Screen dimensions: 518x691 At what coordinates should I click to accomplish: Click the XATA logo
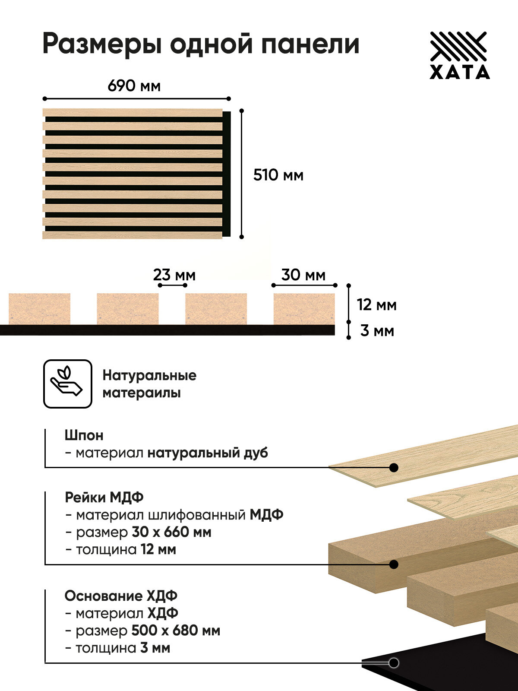pyautogui.click(x=460, y=55)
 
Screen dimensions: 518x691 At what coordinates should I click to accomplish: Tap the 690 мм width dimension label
pyautogui.click(x=134, y=86)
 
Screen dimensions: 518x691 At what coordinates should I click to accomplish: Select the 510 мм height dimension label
pyautogui.click(x=278, y=175)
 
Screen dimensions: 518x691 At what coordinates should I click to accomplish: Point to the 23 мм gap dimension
pyautogui.click(x=174, y=275)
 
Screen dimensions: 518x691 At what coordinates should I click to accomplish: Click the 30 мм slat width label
pyautogui.click(x=303, y=275)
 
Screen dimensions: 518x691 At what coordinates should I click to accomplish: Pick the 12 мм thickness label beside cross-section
pyautogui.click(x=376, y=305)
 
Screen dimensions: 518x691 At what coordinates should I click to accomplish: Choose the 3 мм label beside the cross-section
pyautogui.click(x=377, y=331)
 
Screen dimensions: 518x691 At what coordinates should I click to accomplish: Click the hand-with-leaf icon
pyautogui.click(x=68, y=384)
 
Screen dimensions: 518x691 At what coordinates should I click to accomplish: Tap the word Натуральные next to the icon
pyautogui.click(x=149, y=375)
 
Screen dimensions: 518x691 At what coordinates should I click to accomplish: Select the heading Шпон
pyautogui.click(x=84, y=435)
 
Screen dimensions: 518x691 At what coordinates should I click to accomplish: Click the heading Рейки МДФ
pyautogui.click(x=104, y=497)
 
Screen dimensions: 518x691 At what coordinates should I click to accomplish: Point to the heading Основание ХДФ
pyautogui.click(x=121, y=596)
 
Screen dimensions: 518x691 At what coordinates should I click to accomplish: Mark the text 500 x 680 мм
pyautogui.click(x=176, y=631)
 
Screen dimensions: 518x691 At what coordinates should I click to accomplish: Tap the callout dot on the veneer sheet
pyautogui.click(x=394, y=467)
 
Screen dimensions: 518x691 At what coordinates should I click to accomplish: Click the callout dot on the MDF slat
pyautogui.click(x=394, y=564)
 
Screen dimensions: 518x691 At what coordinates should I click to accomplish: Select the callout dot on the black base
pyautogui.click(x=393, y=662)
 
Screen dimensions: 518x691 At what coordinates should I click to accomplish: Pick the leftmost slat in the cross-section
pyautogui.click(x=39, y=308)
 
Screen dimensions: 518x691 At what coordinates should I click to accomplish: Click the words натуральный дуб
pyautogui.click(x=208, y=453)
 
